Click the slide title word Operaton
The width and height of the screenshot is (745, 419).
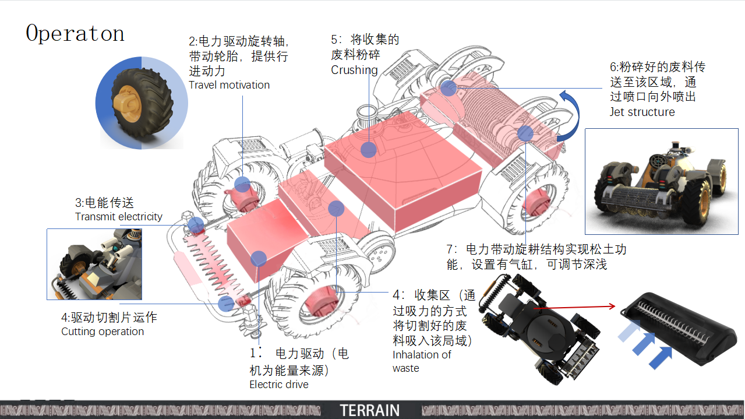[75, 34]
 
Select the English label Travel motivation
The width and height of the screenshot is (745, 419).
[229, 85]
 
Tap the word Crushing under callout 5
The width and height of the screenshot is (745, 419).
[354, 70]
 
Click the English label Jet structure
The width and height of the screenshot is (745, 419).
[642, 112]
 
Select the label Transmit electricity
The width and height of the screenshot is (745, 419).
[119, 217]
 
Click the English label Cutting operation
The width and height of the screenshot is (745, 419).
[103, 332]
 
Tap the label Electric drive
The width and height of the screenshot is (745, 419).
[279, 385]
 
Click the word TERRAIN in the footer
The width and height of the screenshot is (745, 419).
[370, 410]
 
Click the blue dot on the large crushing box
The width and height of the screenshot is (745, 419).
[368, 150]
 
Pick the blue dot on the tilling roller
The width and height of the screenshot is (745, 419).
[525, 133]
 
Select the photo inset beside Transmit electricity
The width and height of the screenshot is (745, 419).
[94, 264]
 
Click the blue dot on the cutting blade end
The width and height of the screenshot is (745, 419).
[226, 303]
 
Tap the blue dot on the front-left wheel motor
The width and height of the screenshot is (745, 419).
[242, 185]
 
